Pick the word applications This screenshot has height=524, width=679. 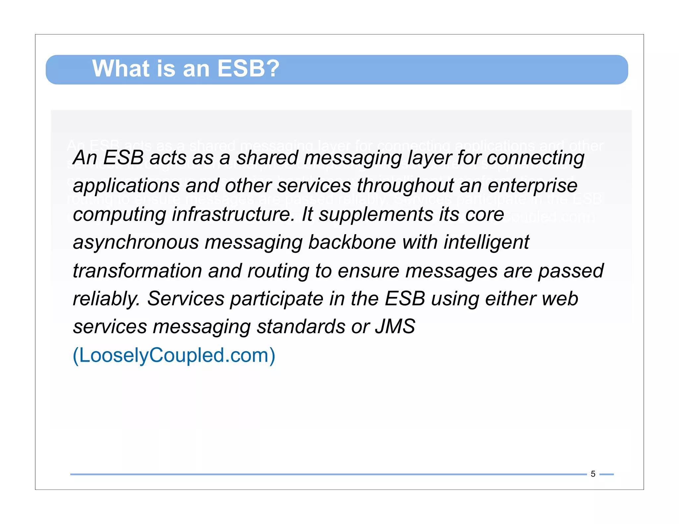point(126,186)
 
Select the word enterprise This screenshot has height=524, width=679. point(532,186)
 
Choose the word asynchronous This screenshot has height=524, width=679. point(136,243)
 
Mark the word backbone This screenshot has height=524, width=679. point(352,242)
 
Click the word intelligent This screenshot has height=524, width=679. point(486,243)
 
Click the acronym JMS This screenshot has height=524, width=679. point(395,327)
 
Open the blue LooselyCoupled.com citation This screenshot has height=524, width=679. point(174,355)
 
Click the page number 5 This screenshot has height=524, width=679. point(593,474)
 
